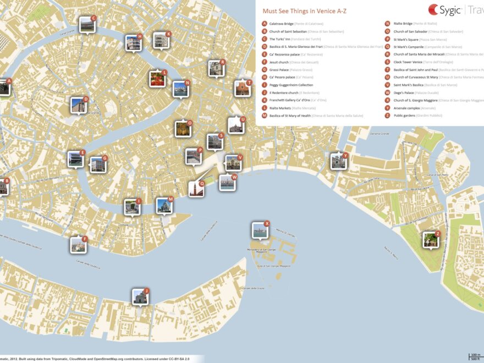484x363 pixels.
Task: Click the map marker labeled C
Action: coord(87,25)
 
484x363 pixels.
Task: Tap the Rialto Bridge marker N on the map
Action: coord(180,89)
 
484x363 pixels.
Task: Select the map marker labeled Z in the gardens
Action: coord(431,240)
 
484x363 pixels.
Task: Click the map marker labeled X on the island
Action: coord(260,230)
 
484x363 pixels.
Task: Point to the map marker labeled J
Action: coord(140,297)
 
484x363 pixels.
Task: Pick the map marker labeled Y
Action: coord(338,162)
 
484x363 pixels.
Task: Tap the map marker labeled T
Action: coord(242,89)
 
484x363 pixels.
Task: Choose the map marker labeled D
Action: coord(79,105)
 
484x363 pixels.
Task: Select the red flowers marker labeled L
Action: coord(157,79)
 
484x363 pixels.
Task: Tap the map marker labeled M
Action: coord(164,206)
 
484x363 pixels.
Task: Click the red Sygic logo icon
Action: coord(433,10)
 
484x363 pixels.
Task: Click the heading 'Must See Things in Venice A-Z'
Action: coord(304,11)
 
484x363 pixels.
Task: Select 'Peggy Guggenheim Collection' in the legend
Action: coord(291,85)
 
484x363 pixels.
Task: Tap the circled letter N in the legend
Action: coord(388,24)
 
